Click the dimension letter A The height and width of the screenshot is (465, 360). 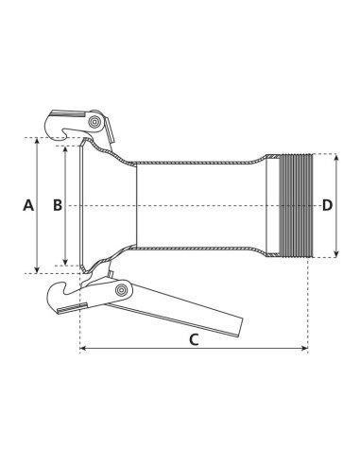(x=28, y=205)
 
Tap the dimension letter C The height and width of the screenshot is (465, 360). (x=194, y=341)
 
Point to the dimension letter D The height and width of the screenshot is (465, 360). (x=327, y=205)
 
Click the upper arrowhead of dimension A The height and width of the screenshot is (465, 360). (x=37, y=143)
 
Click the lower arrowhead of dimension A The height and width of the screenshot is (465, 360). (x=37, y=268)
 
